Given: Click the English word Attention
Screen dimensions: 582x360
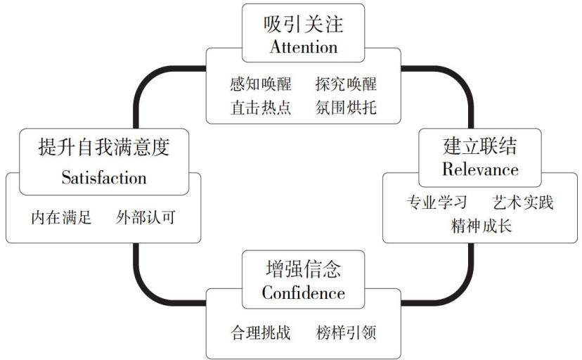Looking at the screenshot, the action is [x=304, y=47].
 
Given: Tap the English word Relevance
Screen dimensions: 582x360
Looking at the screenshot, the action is [x=480, y=169].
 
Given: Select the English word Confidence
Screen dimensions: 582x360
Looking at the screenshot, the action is [x=304, y=292].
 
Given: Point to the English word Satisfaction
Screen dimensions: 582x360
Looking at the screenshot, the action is [x=104, y=177].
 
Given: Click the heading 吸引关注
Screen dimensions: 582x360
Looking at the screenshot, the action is [x=303, y=24].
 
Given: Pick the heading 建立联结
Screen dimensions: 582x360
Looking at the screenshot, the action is [x=480, y=146].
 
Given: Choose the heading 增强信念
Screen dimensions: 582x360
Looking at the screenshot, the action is [x=303, y=269].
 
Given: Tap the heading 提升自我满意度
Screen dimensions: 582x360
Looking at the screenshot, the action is [x=104, y=147].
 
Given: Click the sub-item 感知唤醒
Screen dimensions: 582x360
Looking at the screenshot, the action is [x=261, y=84].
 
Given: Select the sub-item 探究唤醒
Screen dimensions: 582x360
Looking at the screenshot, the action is [x=346, y=84].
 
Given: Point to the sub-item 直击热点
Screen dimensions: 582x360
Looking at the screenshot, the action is [x=261, y=108].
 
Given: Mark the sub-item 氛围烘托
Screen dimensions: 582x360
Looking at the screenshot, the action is [x=346, y=108].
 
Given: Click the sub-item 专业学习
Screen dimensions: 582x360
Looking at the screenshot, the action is [x=437, y=202].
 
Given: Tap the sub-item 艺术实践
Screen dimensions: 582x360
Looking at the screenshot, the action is [x=523, y=202].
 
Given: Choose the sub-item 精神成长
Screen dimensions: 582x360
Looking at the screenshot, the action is [x=481, y=226].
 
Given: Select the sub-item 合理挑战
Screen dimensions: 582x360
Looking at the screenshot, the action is [x=261, y=333].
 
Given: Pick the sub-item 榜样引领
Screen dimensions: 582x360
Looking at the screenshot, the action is [x=346, y=333].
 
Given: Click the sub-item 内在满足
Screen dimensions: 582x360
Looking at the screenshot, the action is [x=61, y=217].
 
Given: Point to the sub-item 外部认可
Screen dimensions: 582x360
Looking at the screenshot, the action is [x=145, y=217].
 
